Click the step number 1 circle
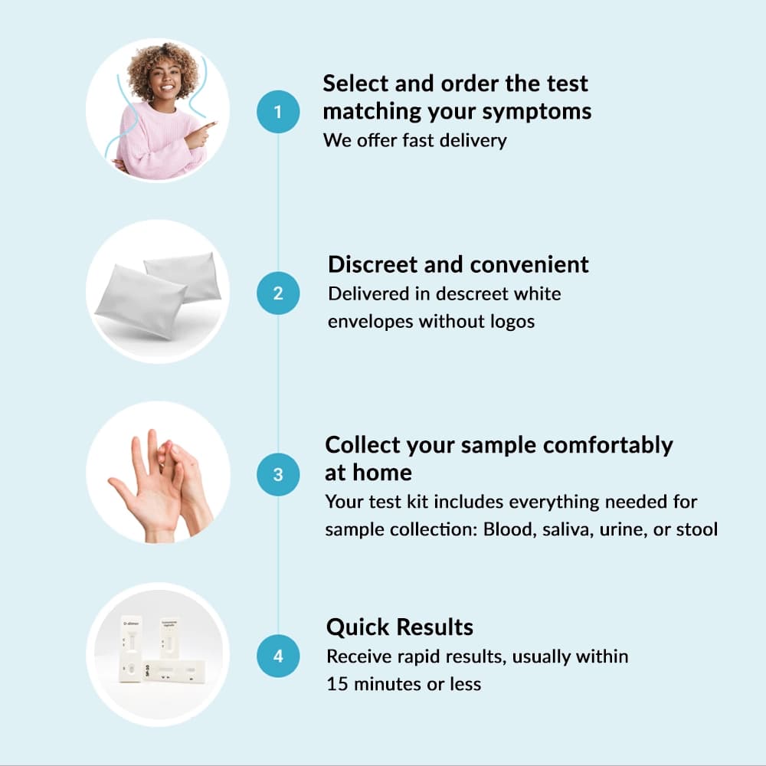pyautogui.click(x=278, y=111)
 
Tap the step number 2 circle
pyautogui.click(x=278, y=293)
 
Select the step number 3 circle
pyautogui.click(x=278, y=474)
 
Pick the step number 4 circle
pyautogui.click(x=278, y=656)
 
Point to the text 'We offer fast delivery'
pyautogui.click(x=414, y=141)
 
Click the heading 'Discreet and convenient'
pyautogui.click(x=458, y=264)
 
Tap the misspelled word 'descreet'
pyautogui.click(x=471, y=293)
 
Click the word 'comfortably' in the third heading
pyautogui.click(x=607, y=446)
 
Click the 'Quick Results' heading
pyautogui.click(x=400, y=627)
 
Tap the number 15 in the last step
pyautogui.click(x=337, y=684)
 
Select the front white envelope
pyautogui.click(x=141, y=301)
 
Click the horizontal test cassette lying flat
pyautogui.click(x=175, y=672)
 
